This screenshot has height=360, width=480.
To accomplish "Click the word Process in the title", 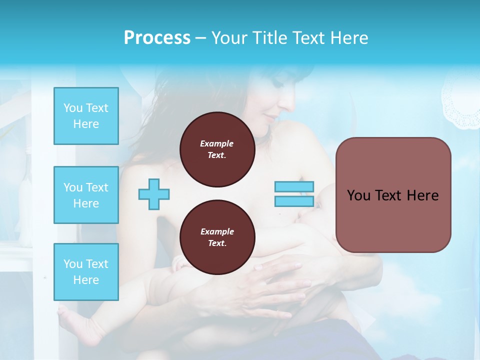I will (x=157, y=38).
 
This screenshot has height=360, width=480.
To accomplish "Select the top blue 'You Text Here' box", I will (x=86, y=116).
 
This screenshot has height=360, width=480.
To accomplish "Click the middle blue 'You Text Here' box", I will (x=86, y=195).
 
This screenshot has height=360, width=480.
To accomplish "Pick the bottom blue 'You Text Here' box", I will (x=86, y=272).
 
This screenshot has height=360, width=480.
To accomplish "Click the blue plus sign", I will (x=154, y=193).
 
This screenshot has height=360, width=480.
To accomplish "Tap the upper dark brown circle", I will (x=217, y=149).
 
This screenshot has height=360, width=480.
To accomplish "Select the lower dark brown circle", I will (x=217, y=237).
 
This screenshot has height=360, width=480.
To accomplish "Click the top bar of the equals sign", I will (x=294, y=187).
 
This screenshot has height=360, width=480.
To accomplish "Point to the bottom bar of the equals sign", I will (x=294, y=201).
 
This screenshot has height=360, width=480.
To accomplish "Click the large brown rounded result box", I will (x=393, y=195).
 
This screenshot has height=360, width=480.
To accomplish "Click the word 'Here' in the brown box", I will (x=422, y=195).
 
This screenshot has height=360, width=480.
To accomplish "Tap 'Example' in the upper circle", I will (x=217, y=143).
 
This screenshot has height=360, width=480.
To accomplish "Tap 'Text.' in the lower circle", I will (x=217, y=243).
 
